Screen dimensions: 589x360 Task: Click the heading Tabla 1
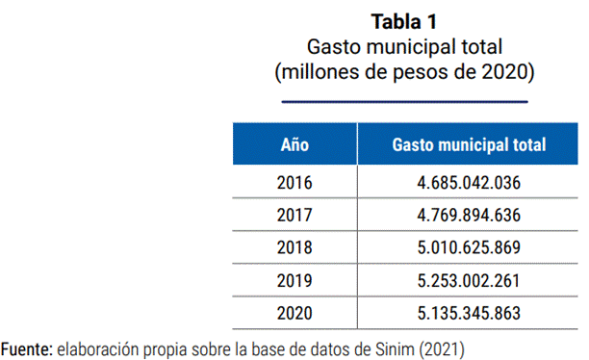click(x=404, y=21)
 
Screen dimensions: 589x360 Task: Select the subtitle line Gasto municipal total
click(x=404, y=47)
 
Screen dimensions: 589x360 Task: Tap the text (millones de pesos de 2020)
click(x=404, y=71)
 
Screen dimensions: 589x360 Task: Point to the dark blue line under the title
click(x=405, y=101)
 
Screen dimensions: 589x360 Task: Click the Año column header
click(x=294, y=144)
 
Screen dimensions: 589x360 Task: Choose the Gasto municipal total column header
click(x=469, y=145)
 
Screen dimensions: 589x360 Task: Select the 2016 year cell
click(x=294, y=183)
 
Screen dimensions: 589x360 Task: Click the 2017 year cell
click(x=294, y=216)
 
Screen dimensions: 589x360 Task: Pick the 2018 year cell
click(x=294, y=247)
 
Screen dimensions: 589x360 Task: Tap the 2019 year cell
click(x=294, y=281)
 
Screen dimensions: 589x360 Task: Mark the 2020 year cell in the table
click(x=294, y=314)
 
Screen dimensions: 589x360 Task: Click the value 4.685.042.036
click(x=469, y=183)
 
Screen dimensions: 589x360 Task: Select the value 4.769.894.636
click(x=469, y=216)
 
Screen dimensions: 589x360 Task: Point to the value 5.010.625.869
click(x=469, y=247)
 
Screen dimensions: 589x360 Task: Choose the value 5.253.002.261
click(x=469, y=281)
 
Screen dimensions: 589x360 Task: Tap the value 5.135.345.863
click(x=469, y=314)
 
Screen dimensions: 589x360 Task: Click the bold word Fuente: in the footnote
click(x=27, y=349)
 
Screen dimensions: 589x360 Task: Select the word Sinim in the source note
click(x=395, y=349)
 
